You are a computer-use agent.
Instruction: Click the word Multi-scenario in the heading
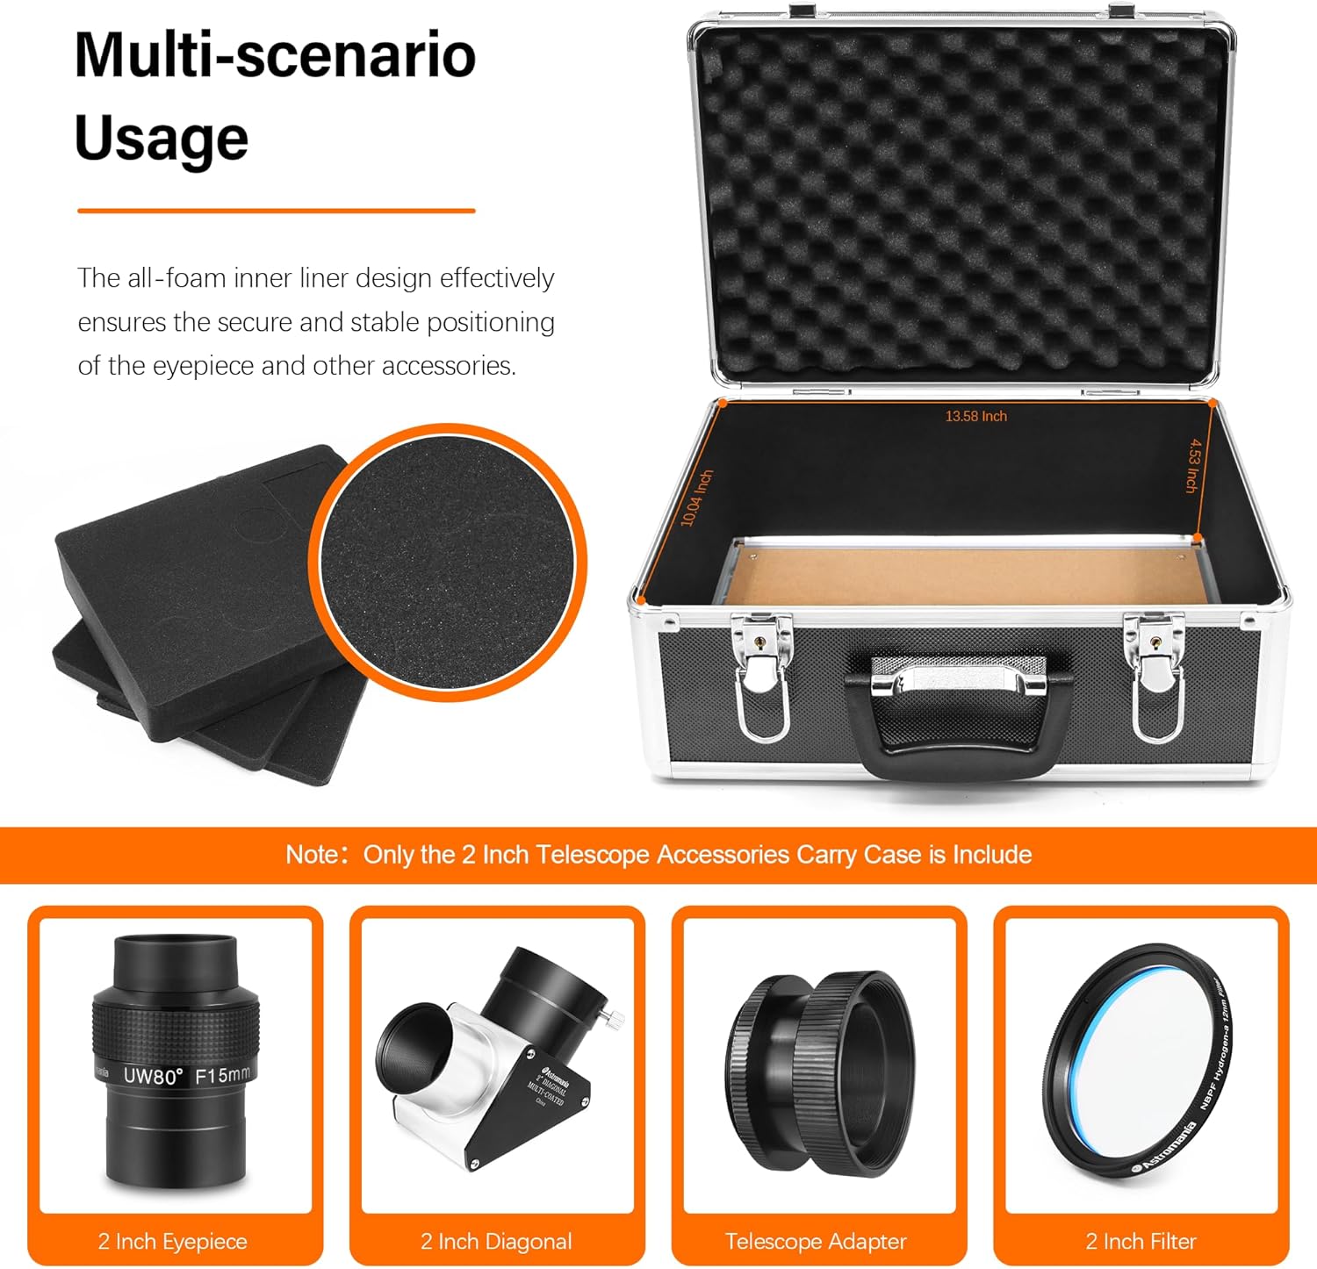coord(275,55)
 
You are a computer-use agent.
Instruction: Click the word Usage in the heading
coord(162,139)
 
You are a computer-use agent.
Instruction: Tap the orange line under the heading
coord(276,211)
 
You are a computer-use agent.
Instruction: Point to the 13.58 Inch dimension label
coord(975,416)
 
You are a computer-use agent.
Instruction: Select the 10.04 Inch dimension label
coord(697,498)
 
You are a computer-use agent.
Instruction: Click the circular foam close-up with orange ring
coord(447,562)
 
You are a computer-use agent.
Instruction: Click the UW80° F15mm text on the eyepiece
coord(186,1075)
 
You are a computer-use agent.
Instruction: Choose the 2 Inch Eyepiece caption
coord(173,1241)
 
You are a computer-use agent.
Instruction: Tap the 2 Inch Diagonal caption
coord(496,1241)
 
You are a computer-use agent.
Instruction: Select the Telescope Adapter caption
coord(816,1241)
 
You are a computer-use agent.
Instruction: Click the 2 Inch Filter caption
coord(1141,1241)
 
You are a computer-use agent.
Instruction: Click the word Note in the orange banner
coord(311,855)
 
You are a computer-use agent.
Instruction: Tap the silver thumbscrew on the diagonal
coord(615,1019)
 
